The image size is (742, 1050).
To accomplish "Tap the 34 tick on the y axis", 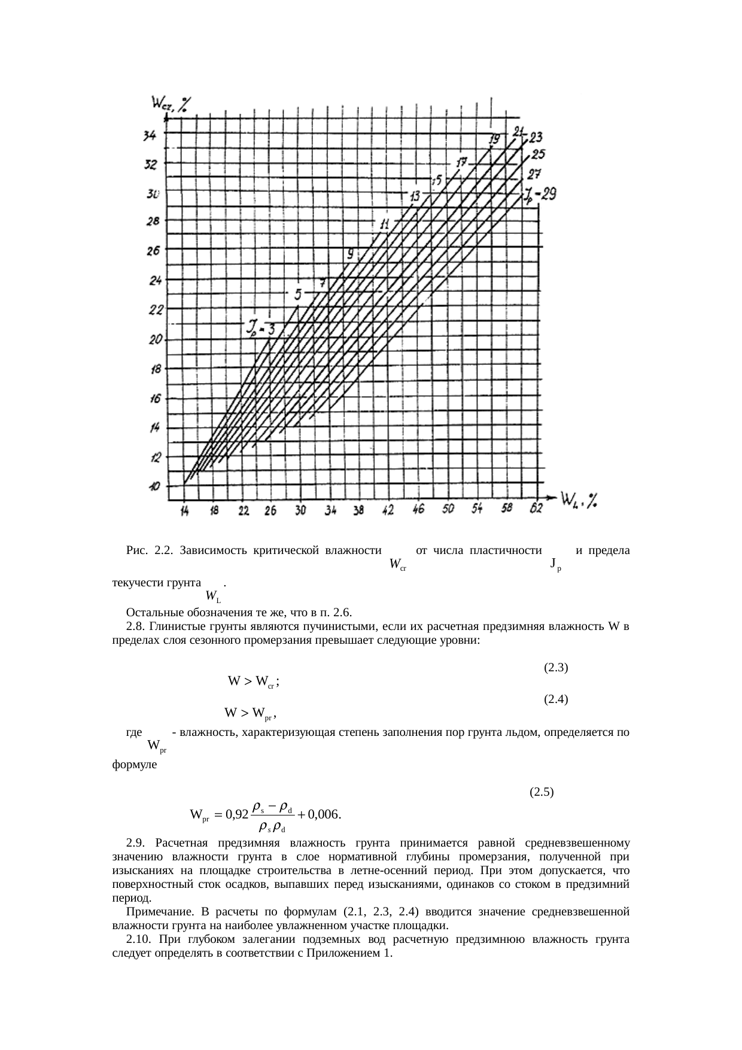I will point(150,136).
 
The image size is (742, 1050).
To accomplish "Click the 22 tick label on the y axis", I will point(155,311).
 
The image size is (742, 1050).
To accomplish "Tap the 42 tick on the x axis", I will point(388,510).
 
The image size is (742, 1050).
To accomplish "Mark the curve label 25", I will point(538,154).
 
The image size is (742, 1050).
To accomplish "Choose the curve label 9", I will point(350,253).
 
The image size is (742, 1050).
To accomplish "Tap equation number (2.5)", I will point(542,792).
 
